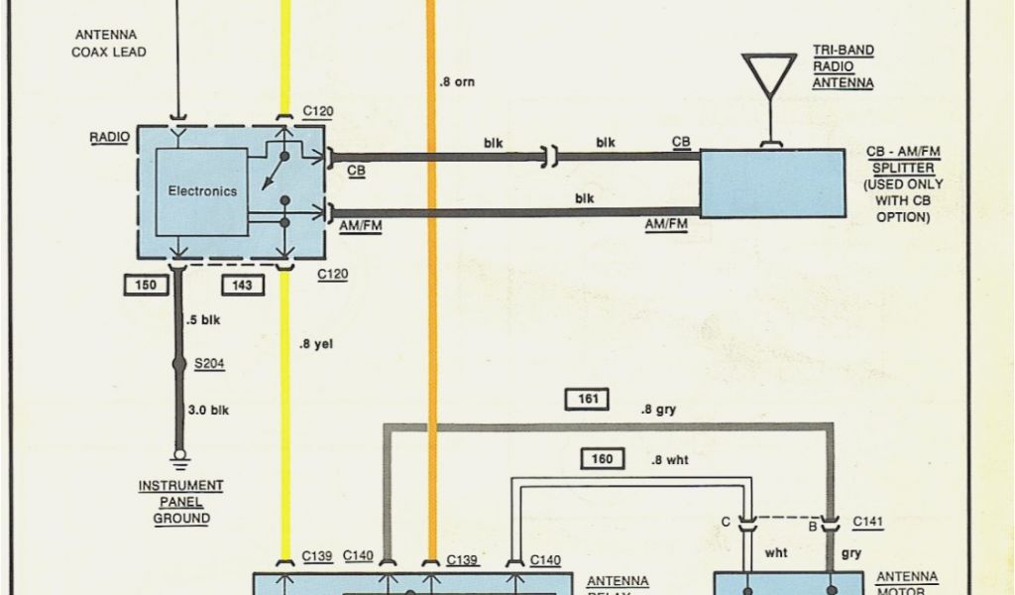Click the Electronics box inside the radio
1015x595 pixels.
[202, 191]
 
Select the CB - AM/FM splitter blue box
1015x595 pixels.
[773, 182]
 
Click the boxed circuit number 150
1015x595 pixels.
[146, 286]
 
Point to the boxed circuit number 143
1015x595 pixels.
[243, 286]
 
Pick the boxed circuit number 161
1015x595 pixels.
[587, 400]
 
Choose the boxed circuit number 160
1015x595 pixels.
[602, 458]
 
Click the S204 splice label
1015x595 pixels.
[209, 364]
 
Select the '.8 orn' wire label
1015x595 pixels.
[457, 82]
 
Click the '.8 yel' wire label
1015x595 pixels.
[316, 345]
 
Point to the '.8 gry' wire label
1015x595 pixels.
[659, 408]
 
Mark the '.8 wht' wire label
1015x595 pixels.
[669, 460]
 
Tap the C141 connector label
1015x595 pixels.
[867, 523]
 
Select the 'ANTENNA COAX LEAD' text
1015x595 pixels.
[108, 44]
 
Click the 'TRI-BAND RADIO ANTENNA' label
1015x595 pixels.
[843, 66]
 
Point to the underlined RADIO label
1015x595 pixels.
[109, 137]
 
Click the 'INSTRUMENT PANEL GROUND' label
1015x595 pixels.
[180, 502]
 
